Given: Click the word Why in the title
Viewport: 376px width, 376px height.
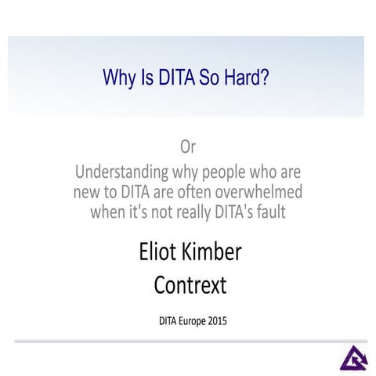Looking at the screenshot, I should [x=119, y=78].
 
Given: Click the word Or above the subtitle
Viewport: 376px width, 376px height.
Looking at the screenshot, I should [x=188, y=146].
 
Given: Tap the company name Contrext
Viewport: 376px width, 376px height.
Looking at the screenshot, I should [x=189, y=284].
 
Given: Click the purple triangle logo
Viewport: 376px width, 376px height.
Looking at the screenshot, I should [x=352, y=357].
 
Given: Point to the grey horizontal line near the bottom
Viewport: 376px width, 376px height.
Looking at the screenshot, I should [x=188, y=342].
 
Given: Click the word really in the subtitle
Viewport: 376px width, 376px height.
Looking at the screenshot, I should [x=197, y=211].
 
